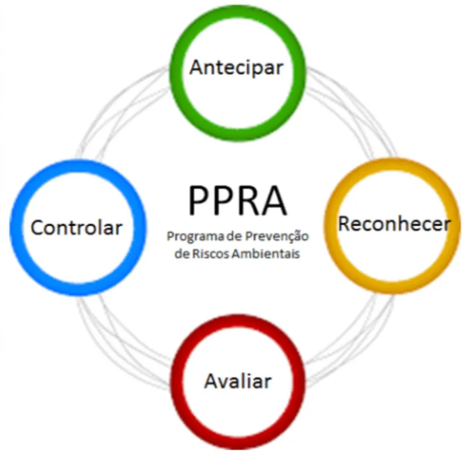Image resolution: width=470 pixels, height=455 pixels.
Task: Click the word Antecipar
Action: tap(236, 68)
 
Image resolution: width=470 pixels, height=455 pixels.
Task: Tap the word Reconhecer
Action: tap(394, 224)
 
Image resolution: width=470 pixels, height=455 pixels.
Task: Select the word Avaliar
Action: tap(238, 381)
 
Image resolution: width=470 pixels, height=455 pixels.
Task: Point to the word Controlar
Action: tap(76, 227)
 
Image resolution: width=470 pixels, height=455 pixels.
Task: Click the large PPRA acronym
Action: tap(238, 200)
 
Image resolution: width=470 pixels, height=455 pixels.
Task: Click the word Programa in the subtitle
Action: tap(196, 237)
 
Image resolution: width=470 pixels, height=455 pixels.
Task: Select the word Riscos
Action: tap(211, 253)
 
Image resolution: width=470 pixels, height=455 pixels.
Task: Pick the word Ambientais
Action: tap(266, 253)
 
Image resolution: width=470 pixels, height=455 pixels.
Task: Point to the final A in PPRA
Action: tap(274, 200)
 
